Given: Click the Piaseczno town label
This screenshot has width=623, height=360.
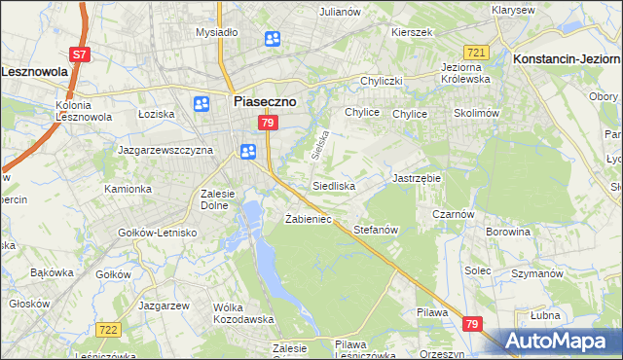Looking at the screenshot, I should [x=265, y=99].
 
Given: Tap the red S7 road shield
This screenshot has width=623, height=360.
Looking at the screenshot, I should [x=81, y=54].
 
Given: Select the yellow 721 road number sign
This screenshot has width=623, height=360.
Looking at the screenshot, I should [x=476, y=53].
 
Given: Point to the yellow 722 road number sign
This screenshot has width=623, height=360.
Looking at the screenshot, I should [x=108, y=332].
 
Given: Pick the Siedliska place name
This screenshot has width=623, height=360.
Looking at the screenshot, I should [x=334, y=185].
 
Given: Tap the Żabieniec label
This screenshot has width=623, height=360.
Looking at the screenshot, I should [x=309, y=219].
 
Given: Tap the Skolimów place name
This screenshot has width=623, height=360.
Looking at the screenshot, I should [x=476, y=114].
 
